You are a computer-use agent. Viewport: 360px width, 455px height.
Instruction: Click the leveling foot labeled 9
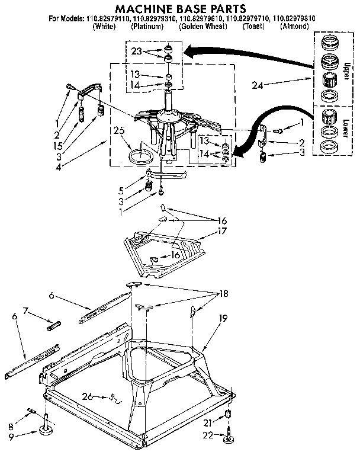45,432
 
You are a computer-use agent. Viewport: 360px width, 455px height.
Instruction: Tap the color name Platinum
147,27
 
